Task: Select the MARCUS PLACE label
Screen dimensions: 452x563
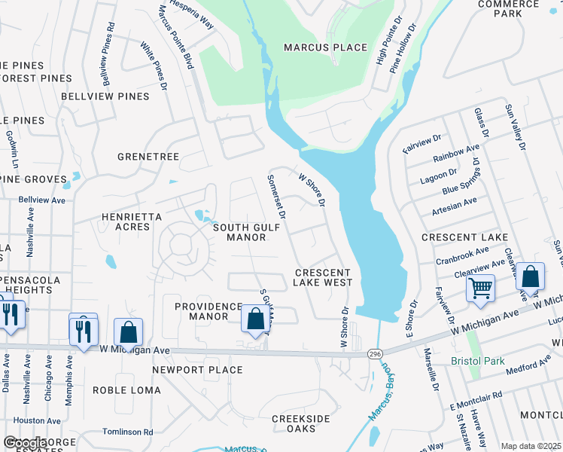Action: coord(325,47)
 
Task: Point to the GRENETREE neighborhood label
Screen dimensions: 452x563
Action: coord(148,157)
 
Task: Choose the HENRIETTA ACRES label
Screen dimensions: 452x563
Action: coord(132,223)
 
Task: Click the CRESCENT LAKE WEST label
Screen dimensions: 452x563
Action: coord(323,277)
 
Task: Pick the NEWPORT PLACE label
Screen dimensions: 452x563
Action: coord(197,370)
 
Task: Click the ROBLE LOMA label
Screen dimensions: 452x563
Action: coord(126,389)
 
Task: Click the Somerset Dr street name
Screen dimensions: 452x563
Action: coord(276,197)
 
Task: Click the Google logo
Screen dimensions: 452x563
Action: coord(25,443)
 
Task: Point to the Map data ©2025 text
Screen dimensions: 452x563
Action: coord(531,446)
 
